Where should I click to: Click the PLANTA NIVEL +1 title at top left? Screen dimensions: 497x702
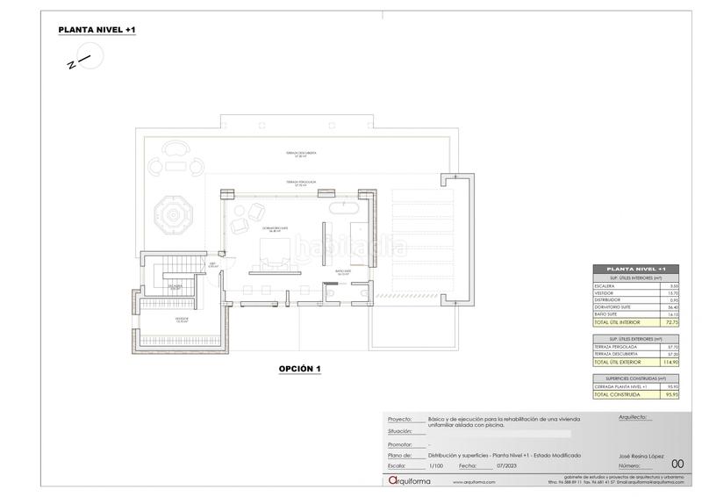coord(97,30)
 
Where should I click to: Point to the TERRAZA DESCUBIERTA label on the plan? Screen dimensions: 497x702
coord(294,153)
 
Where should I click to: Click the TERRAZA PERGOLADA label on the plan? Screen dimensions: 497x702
coord(300,184)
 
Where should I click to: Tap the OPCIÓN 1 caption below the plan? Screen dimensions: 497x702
coord(300,369)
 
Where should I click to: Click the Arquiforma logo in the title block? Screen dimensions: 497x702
coord(411,480)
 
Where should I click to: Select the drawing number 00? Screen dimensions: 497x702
coord(677,464)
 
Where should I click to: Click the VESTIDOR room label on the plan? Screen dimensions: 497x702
coord(182,319)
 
